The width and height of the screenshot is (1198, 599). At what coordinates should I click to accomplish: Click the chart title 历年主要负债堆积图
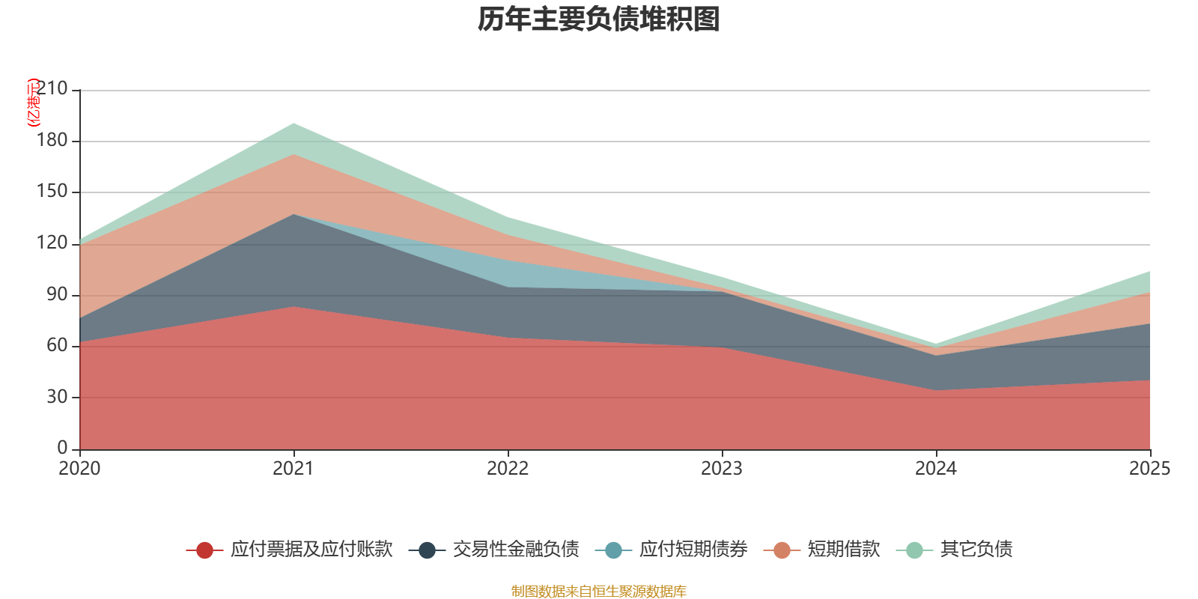[x=599, y=19]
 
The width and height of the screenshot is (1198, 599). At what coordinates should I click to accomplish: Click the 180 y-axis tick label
[x=52, y=141]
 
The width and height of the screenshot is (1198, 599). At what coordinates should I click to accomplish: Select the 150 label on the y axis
[x=52, y=192]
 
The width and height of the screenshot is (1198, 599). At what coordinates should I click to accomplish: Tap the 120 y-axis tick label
[x=52, y=243]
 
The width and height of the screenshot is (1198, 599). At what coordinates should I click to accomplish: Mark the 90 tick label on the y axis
[x=56, y=294]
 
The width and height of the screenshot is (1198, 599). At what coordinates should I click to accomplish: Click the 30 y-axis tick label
[x=56, y=397]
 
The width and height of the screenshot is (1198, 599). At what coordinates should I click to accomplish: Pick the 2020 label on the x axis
[x=79, y=469]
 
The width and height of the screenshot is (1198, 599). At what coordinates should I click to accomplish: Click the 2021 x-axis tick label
[x=294, y=469]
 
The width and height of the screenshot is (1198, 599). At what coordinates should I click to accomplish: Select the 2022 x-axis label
[x=508, y=469]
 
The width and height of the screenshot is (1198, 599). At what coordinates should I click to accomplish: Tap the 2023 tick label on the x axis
[x=722, y=469]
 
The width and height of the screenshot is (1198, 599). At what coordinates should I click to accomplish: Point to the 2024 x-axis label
[x=936, y=469]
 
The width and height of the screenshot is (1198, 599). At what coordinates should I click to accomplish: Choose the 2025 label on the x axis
[x=1149, y=469]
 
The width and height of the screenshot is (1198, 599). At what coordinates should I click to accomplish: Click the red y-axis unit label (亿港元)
[x=33, y=103]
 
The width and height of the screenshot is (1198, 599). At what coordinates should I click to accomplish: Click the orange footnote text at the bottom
[x=599, y=592]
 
